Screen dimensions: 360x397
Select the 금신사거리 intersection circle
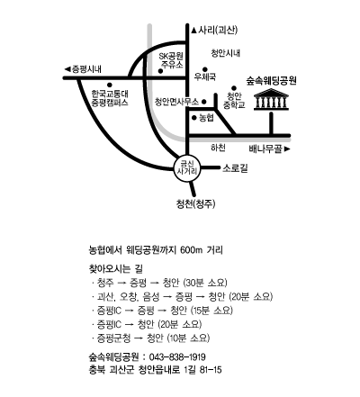tap(187, 168)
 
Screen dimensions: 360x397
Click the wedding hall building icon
tap(271, 99)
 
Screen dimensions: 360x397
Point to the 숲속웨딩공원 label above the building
tap(271, 80)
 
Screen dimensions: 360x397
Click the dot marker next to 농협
tap(194, 118)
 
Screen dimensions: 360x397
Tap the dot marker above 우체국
tap(205, 69)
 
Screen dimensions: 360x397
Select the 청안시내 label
tap(225, 53)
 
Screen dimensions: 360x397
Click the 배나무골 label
tap(266, 149)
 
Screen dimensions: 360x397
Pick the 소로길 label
tap(235, 168)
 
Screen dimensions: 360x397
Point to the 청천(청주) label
tap(195, 204)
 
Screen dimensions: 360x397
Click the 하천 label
tap(218, 148)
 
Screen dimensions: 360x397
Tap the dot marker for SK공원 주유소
tap(160, 71)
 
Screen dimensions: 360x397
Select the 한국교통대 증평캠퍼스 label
tap(110, 98)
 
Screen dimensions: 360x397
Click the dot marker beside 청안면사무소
tap(204, 102)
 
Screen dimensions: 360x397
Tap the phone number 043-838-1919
tap(177, 357)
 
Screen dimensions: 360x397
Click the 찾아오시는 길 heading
tap(116, 268)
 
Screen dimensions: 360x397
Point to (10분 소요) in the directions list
tap(188, 338)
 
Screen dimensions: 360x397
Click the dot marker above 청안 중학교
tap(234, 88)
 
